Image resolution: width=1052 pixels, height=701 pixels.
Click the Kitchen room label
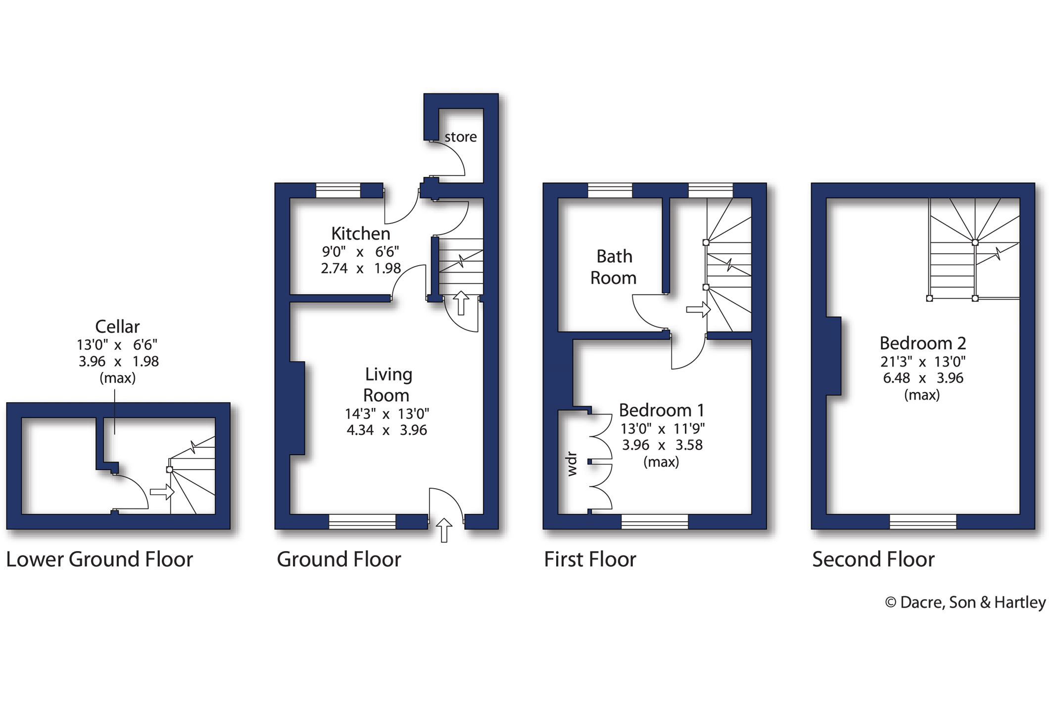coord(361,233)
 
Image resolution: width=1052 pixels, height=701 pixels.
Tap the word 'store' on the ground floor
coord(461,137)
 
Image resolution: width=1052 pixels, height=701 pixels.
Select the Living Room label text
coord(387,384)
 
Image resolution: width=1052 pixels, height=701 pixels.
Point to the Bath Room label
coord(614,267)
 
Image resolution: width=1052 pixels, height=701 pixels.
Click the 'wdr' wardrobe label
coord(572,464)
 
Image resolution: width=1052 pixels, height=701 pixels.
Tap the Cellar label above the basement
coord(117,327)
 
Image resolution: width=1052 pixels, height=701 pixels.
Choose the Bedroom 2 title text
coord(923,343)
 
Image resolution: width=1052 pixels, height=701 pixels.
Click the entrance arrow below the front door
coord(444,530)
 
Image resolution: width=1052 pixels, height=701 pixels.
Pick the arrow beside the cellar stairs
coord(162,492)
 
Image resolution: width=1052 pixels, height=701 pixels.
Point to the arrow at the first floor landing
coord(698,310)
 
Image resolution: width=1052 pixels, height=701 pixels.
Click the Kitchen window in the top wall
coord(338,190)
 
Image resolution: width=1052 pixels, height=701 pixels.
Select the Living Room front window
coord(362,522)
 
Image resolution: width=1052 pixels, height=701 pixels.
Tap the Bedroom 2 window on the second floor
coord(923,522)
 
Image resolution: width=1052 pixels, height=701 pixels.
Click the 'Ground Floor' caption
coord(339,560)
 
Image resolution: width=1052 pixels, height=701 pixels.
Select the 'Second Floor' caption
coord(873,560)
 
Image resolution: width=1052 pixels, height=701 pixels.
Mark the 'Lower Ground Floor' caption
coord(99,560)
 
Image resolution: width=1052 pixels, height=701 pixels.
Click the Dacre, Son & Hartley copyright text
coord(965,603)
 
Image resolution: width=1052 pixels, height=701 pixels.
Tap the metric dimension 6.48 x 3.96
coord(923,378)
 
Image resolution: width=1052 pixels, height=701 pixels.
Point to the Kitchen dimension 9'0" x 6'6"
coord(361,252)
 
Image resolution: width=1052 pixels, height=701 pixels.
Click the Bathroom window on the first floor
coord(610,190)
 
